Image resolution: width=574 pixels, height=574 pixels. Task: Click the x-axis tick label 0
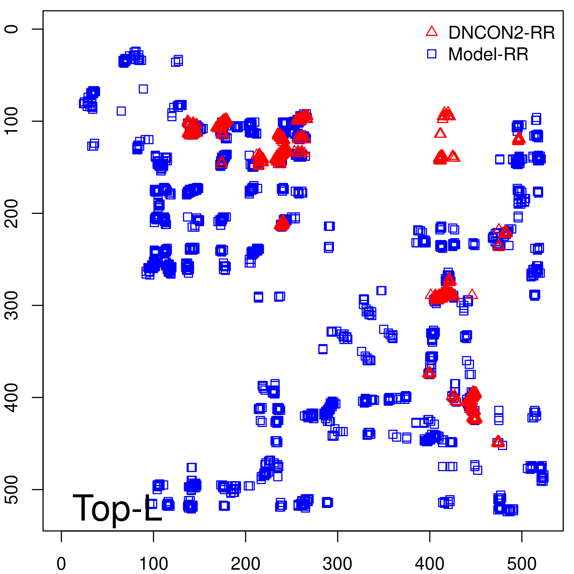(61, 564)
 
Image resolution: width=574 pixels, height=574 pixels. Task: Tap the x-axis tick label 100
(153, 564)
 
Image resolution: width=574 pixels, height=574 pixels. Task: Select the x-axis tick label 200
(245, 564)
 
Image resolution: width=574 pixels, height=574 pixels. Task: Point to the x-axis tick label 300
(337, 564)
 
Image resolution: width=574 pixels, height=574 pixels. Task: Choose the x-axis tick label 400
(429, 564)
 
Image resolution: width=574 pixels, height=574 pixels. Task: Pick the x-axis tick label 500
(522, 564)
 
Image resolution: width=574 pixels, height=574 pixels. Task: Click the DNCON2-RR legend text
(501, 33)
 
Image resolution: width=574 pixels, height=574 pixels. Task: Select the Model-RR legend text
(488, 55)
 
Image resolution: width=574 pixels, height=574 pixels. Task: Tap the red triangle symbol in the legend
(432, 32)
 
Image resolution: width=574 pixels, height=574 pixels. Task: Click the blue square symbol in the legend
(432, 54)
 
